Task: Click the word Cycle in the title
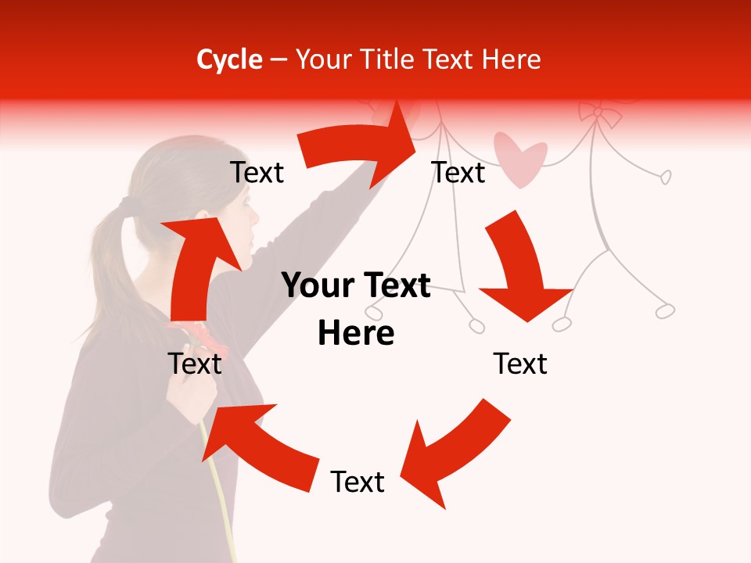229,59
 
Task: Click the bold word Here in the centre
356,333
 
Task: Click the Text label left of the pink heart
458,173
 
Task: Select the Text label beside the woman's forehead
257,173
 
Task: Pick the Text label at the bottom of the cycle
358,482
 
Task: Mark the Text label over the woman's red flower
195,364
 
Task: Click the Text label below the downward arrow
520,364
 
